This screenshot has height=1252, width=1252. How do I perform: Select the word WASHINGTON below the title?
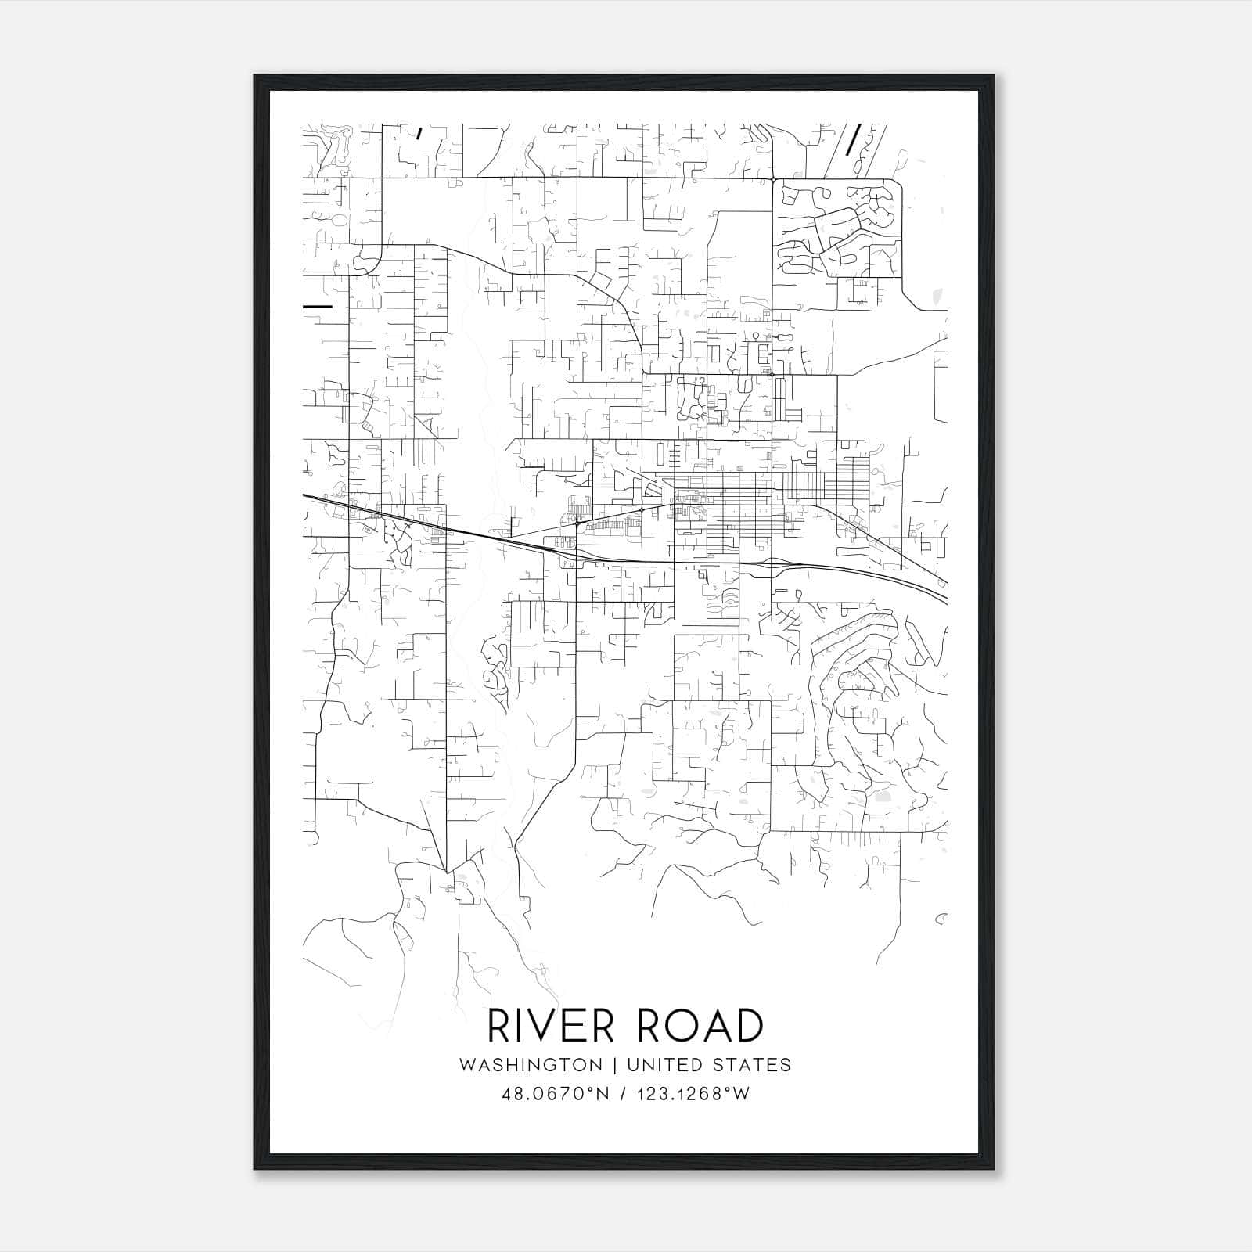531,1065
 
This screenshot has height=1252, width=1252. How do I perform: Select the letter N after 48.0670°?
604,1094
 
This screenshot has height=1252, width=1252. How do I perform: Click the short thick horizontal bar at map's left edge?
318,306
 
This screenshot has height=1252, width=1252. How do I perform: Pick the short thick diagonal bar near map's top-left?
420,132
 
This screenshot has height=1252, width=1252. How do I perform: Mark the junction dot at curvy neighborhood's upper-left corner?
773,180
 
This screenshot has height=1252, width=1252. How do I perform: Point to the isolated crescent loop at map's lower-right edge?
941,917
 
